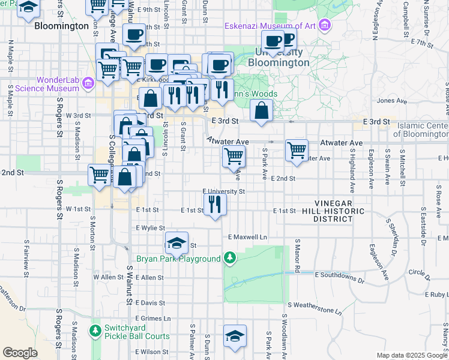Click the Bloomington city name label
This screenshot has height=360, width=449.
(62, 26)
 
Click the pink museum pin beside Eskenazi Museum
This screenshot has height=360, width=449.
(325, 25)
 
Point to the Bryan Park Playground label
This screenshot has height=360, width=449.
(178, 259)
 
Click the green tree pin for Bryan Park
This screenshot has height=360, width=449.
(229, 259)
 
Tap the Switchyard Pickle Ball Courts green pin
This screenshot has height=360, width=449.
(95, 331)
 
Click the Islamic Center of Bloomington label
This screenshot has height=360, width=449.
(423, 130)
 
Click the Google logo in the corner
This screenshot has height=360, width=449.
(20, 353)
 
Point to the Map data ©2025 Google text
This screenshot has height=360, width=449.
(411, 355)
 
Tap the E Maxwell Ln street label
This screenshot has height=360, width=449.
(247, 237)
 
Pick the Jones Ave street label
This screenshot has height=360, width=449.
(393, 101)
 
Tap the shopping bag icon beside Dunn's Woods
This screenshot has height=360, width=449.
(261, 110)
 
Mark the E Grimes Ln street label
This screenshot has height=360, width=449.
(153, 317)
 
